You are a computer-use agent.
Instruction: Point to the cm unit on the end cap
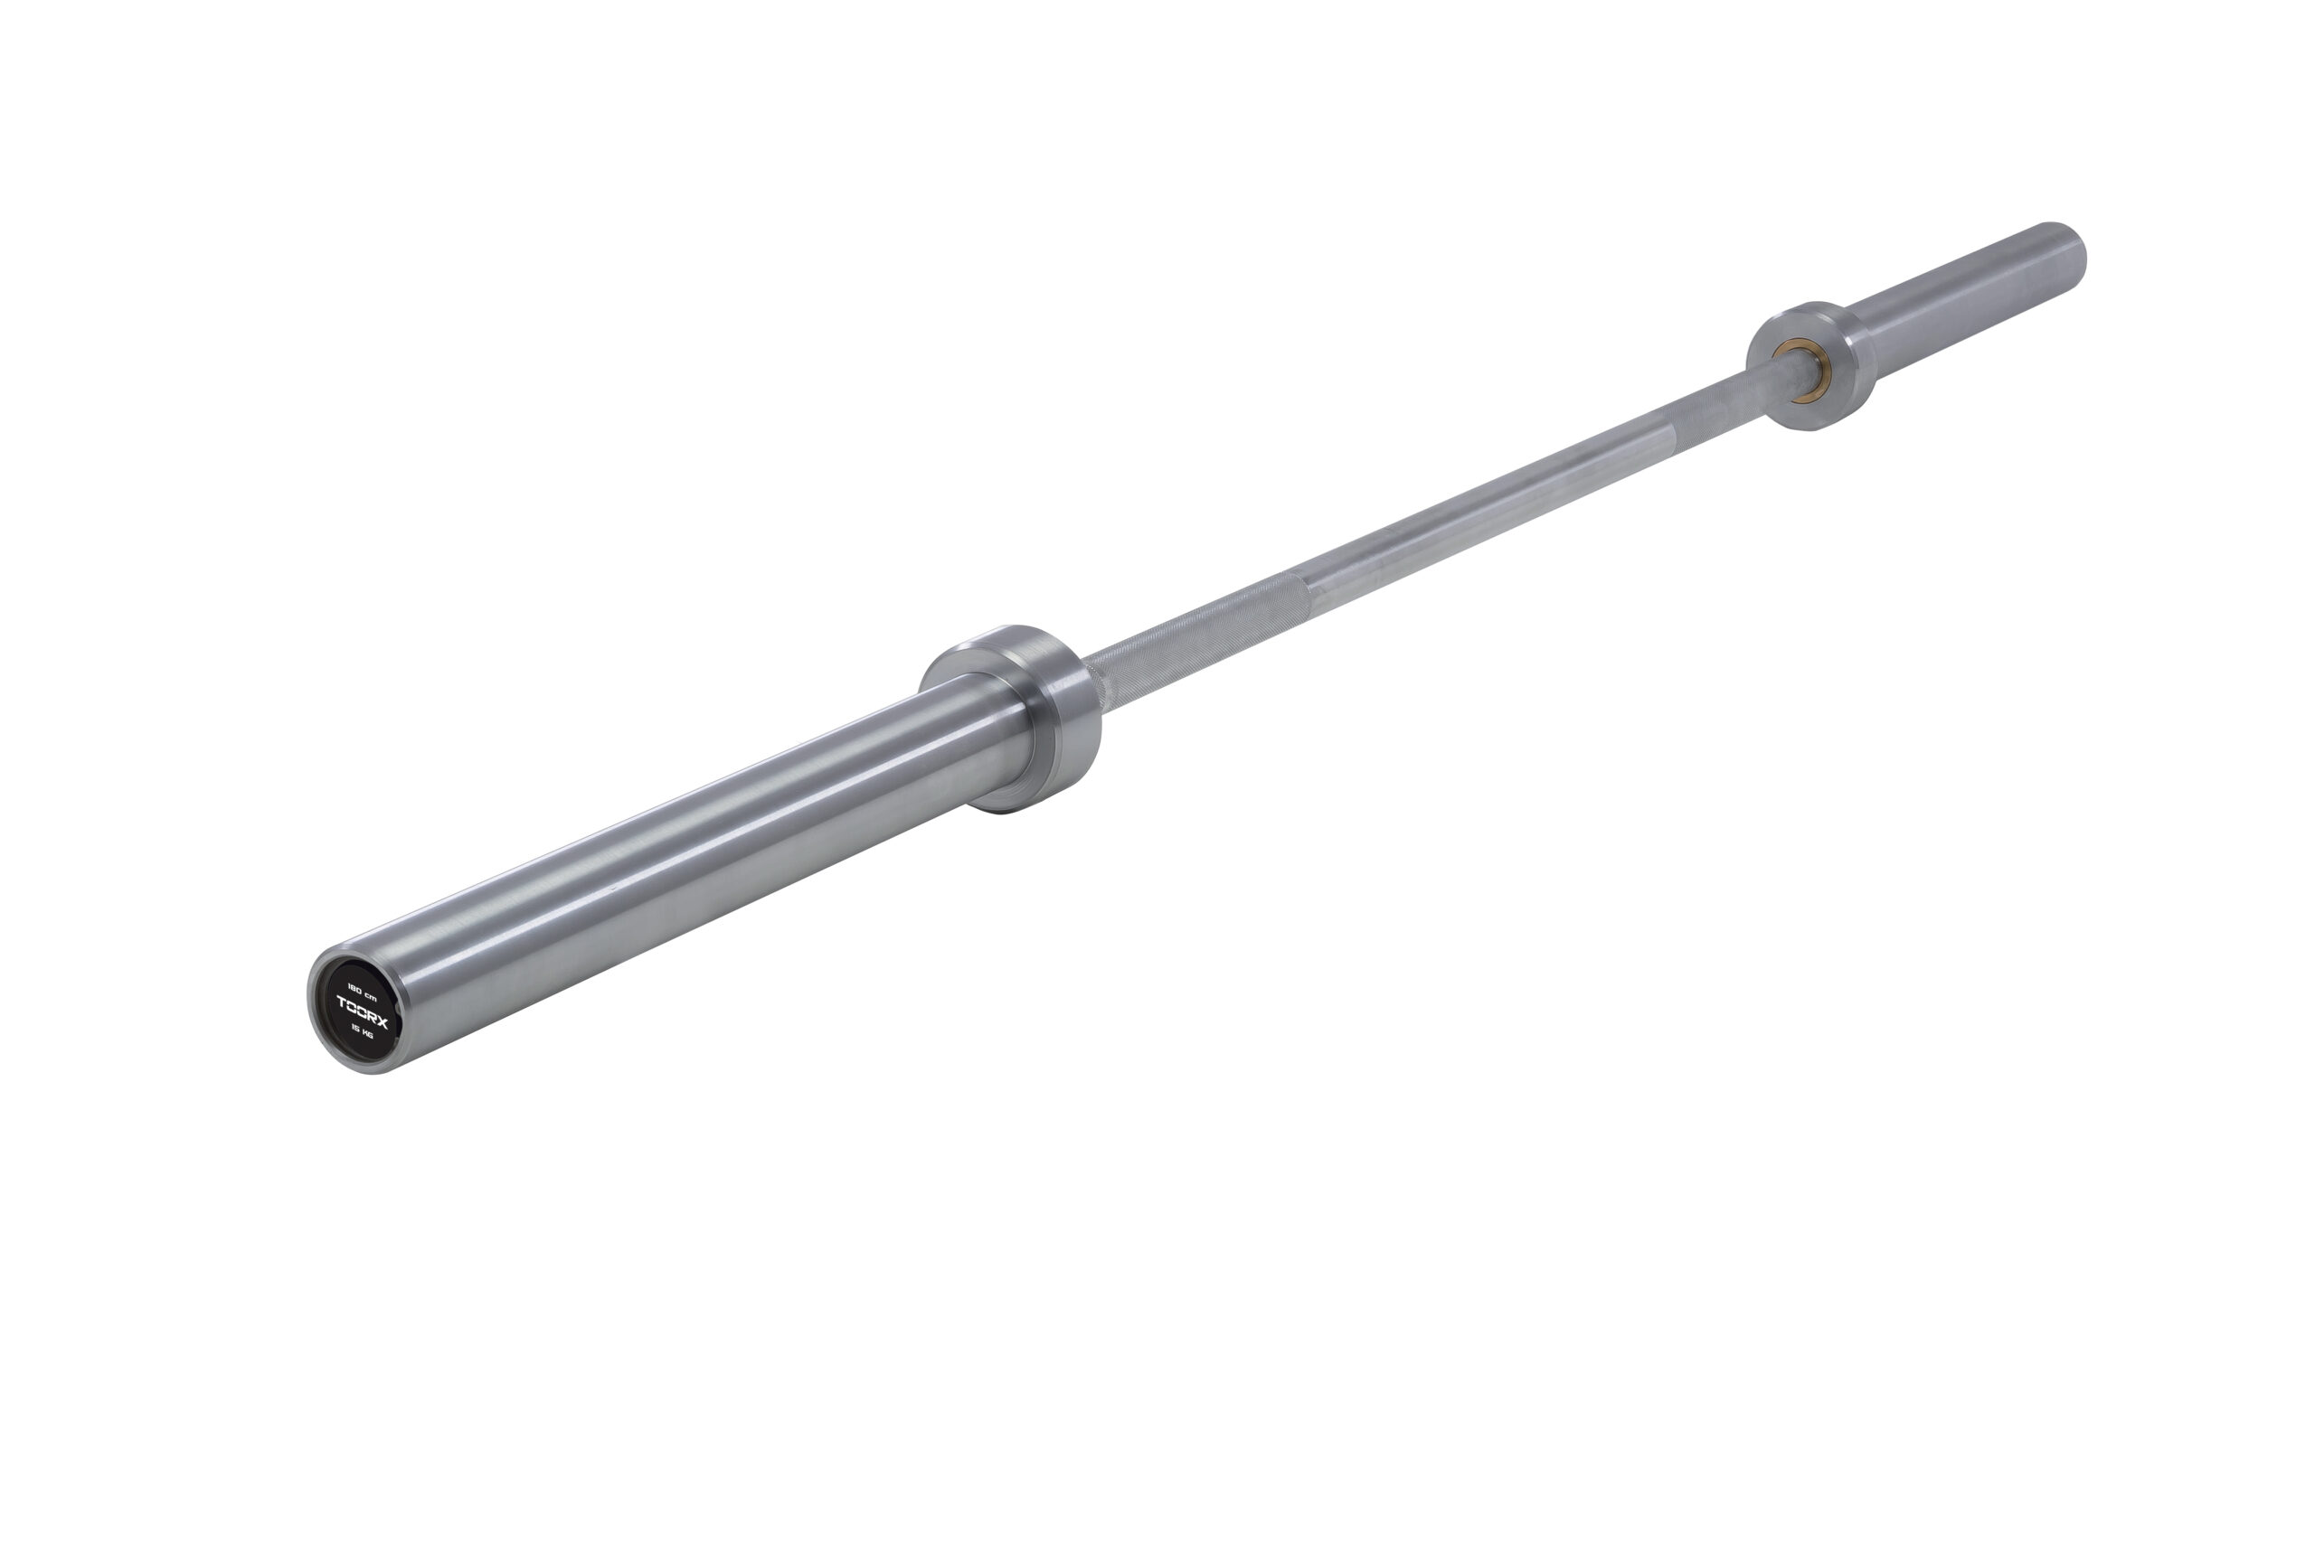371,996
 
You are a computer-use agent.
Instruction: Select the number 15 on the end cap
355,1026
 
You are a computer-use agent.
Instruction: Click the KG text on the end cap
367,1033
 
